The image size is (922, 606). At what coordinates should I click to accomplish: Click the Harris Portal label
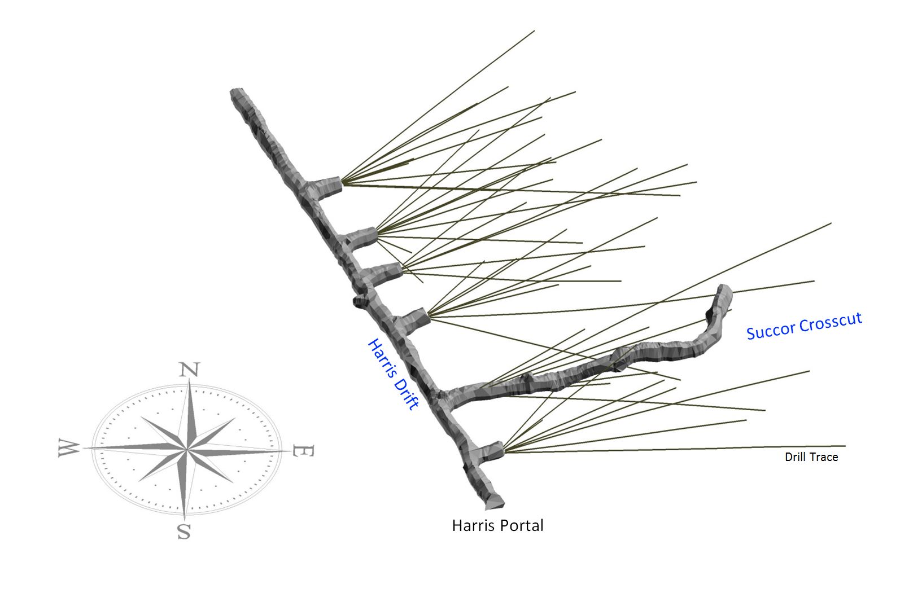click(x=497, y=526)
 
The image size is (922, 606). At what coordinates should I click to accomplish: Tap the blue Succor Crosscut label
click(x=804, y=326)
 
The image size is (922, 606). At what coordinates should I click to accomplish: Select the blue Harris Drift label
click(x=393, y=374)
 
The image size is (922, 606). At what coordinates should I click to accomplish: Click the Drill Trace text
click(x=811, y=457)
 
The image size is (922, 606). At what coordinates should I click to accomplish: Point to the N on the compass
click(x=189, y=370)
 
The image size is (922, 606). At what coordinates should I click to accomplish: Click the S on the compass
click(x=183, y=531)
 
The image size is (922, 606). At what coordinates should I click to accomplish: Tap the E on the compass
click(x=301, y=451)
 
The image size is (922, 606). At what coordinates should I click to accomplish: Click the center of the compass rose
click(x=186, y=449)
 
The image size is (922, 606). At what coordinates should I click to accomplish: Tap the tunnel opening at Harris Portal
click(x=492, y=501)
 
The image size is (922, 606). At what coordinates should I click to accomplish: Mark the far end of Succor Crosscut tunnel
click(x=724, y=291)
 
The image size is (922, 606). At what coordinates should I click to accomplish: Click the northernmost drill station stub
click(x=327, y=187)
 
